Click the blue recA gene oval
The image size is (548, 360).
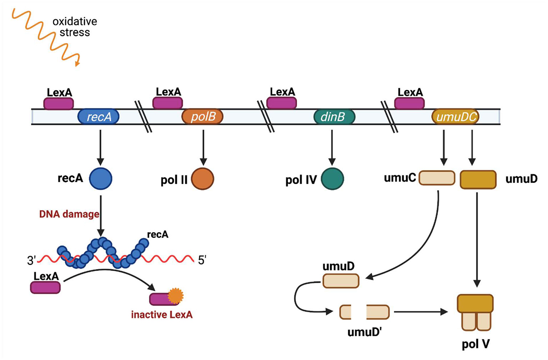coord(99,117)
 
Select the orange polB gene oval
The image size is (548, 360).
coord(202,117)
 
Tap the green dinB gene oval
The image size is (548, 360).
coord(334,117)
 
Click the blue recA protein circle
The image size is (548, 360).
coord(101,178)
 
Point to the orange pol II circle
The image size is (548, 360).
coord(202,179)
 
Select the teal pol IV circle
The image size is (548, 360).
coord(332,179)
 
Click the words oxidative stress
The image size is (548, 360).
coord(75,27)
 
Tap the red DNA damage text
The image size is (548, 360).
coord(69,214)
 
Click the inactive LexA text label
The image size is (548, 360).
coord(162,315)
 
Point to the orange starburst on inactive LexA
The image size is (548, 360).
coord(176,295)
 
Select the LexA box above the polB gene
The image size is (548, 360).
coord(168,103)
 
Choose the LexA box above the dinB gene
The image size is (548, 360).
coord(282,103)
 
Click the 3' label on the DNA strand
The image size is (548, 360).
coord(31,261)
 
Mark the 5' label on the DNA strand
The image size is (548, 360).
coord(202,260)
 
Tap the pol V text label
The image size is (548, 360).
coord(476,344)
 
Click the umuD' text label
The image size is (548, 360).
coord(365,332)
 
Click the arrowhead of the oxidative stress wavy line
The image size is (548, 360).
coord(77,64)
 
